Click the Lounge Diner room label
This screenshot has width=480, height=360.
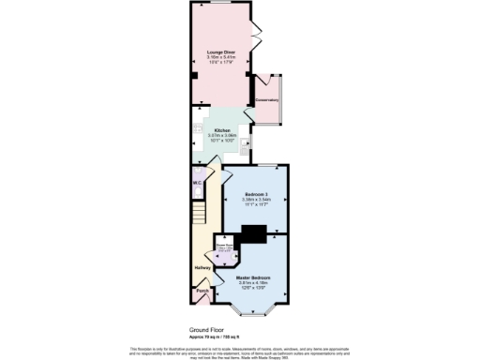click(221, 52)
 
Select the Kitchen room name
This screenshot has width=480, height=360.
click(222, 130)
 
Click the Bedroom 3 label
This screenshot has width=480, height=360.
click(256, 194)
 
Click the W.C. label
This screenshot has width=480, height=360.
click(198, 182)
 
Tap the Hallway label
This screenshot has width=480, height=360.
click(202, 268)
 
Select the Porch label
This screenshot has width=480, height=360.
click(202, 292)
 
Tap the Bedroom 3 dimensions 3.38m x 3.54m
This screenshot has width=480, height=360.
click(256, 200)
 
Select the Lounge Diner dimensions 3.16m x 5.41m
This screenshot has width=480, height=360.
click(221, 57)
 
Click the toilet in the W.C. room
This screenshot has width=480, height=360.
click(198, 190)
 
